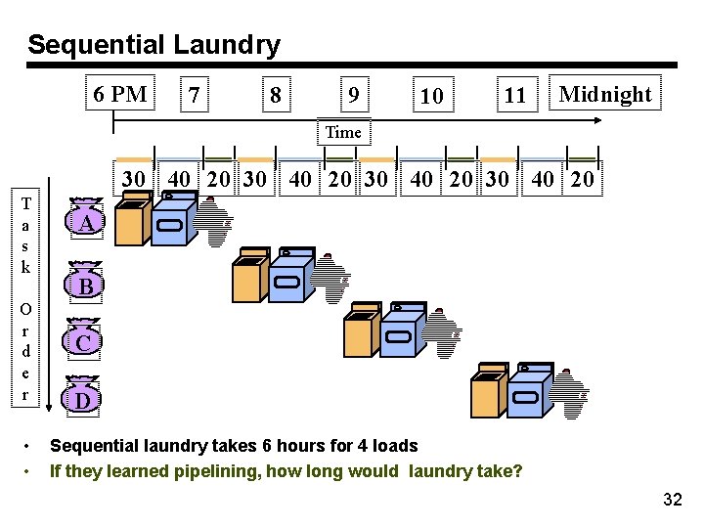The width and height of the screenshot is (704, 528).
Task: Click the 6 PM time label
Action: coord(119,95)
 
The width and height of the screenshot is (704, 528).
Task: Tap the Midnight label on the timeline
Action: coord(604,95)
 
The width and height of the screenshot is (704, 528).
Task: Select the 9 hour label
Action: coord(354,96)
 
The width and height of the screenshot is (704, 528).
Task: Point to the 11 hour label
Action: coord(514,96)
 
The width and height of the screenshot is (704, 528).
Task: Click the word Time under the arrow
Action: coord(343,132)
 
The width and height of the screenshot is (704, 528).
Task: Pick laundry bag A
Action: coord(87,223)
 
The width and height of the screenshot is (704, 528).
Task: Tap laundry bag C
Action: coord(85,341)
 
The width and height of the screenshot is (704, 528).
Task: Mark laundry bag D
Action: coord(85,399)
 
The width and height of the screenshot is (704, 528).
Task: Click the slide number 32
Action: coord(672,501)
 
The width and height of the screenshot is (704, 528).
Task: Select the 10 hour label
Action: coord(431,96)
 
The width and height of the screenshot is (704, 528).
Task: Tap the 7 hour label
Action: coord(197,96)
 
